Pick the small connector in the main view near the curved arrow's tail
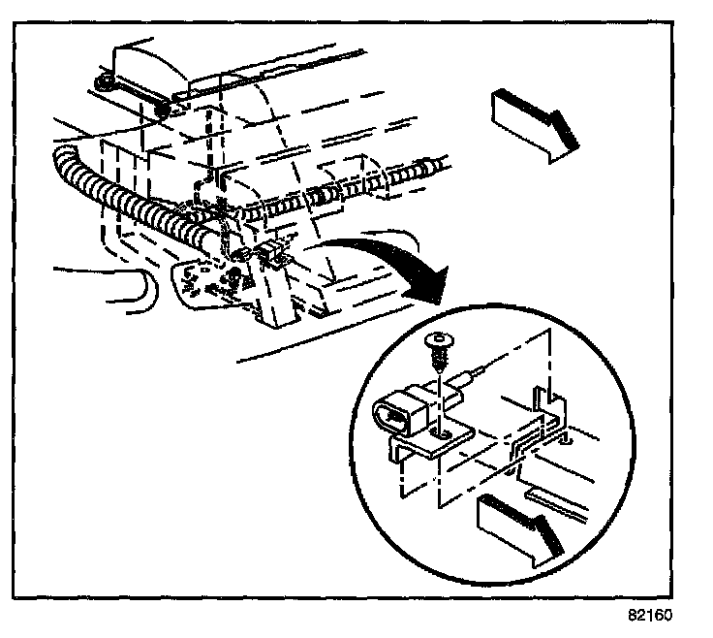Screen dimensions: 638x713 click(x=273, y=254)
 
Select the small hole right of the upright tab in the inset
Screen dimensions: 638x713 click(x=565, y=441)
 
